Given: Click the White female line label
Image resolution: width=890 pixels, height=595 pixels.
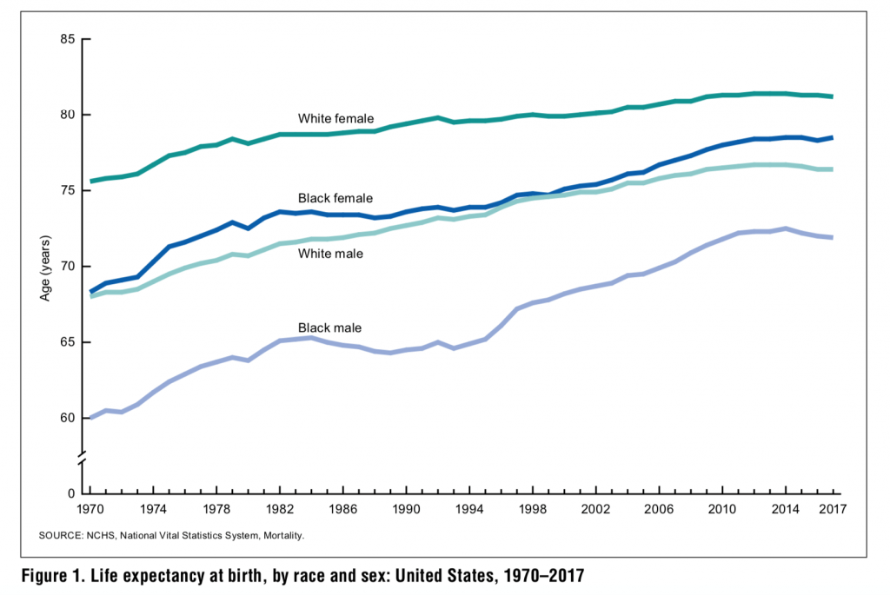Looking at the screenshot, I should [335, 118].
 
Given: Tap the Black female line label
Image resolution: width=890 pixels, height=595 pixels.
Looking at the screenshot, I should [334, 199].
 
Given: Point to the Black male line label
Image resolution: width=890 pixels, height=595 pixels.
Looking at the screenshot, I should [329, 327].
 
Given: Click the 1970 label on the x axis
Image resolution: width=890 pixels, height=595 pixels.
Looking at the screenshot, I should [91, 510].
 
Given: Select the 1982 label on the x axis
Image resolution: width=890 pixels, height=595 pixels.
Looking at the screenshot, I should [280, 510].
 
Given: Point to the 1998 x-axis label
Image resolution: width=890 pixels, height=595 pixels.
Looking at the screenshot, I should [533, 510].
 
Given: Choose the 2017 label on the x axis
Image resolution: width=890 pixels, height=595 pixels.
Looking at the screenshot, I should [832, 510].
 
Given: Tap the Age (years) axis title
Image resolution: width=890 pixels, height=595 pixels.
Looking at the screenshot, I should [44, 267].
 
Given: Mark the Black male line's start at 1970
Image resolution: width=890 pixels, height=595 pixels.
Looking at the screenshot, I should [90, 418].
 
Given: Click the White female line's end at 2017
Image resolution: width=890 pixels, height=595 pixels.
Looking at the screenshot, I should [833, 96].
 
